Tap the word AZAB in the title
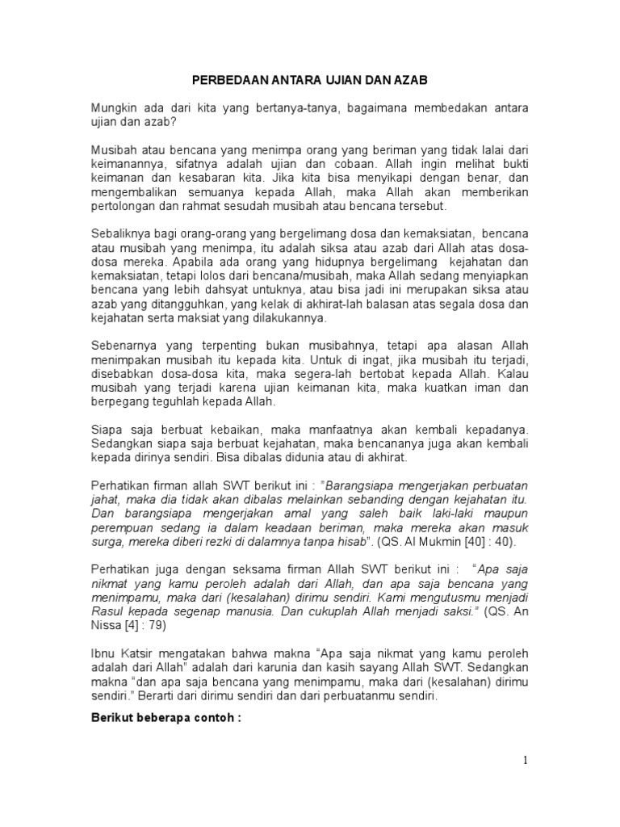409,81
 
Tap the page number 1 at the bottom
526,760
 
